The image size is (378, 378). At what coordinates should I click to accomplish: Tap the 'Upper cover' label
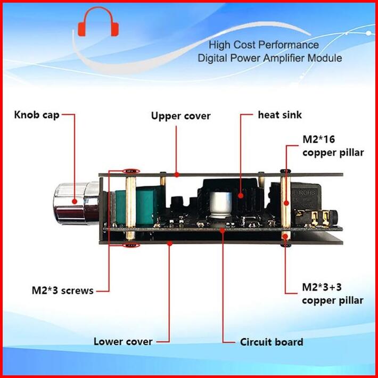[x=180, y=116]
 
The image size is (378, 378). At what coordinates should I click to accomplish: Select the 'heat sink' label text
[x=280, y=114]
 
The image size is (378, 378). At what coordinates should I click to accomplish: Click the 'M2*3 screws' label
[x=62, y=291]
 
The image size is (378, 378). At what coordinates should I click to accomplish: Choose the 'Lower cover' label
[x=123, y=341]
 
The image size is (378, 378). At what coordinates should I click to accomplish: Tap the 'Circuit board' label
[x=272, y=342]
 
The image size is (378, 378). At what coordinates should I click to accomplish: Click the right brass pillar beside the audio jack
[x=286, y=202]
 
